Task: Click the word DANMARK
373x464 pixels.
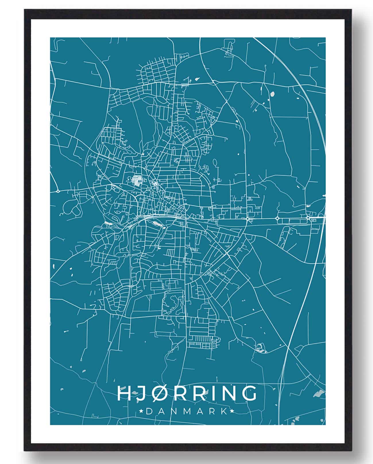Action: coord(186,411)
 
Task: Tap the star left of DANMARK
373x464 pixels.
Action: coord(141,411)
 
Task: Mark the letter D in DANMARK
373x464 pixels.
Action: coord(149,411)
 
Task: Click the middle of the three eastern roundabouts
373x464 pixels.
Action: coord(277,219)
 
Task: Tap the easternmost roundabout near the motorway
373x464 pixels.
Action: coord(308,218)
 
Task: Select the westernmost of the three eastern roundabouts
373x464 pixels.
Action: coord(247,219)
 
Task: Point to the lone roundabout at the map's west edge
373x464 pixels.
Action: coord(58,191)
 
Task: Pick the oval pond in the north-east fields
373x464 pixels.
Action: coord(272,93)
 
